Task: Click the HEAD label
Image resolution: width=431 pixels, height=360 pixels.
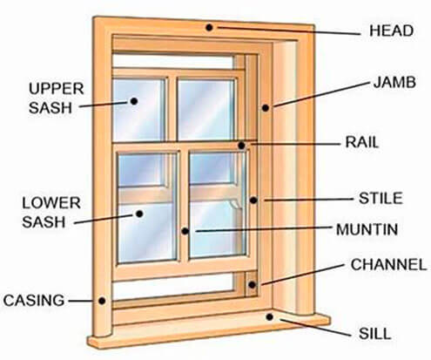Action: click(x=391, y=31)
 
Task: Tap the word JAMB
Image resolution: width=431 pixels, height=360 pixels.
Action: click(x=394, y=82)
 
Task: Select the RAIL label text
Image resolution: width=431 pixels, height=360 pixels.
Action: click(x=362, y=142)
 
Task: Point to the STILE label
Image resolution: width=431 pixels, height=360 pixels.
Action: click(x=380, y=199)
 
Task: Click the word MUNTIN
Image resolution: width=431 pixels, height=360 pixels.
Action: click(x=367, y=229)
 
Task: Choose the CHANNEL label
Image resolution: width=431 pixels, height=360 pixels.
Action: click(x=388, y=264)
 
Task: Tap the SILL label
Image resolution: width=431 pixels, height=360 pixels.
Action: click(x=374, y=334)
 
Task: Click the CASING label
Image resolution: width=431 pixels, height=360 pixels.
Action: click(x=34, y=300)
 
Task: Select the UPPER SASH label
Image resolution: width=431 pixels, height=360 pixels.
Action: click(x=56, y=98)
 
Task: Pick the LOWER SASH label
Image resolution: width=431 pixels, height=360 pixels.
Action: click(x=51, y=213)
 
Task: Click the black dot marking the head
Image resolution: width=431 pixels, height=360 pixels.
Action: click(x=209, y=28)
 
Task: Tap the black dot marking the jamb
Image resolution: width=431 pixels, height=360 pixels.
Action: click(x=266, y=108)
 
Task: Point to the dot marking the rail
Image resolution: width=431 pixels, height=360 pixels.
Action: click(x=241, y=146)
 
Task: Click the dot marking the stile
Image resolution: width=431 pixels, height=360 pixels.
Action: click(x=253, y=200)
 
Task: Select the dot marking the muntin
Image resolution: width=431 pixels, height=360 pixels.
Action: click(x=185, y=231)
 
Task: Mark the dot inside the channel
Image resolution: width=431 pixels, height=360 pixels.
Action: click(x=252, y=285)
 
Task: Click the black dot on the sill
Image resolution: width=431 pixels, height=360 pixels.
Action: click(x=270, y=317)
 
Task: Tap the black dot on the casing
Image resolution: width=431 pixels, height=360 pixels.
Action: click(x=102, y=301)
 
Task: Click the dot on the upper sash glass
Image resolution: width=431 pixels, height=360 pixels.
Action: click(x=134, y=101)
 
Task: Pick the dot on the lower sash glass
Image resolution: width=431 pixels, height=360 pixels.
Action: click(x=139, y=214)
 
